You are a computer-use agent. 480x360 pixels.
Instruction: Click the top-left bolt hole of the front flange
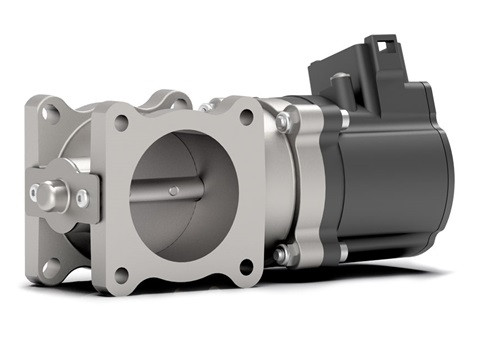click(121, 123)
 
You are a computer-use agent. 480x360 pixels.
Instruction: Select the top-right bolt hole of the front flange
click(246, 117)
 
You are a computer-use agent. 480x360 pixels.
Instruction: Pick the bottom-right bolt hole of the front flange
click(246, 267)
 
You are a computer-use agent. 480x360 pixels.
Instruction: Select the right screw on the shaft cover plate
click(82, 198)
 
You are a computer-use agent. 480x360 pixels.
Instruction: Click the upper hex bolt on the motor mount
click(283, 122)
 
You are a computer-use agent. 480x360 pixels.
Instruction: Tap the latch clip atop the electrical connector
click(382, 47)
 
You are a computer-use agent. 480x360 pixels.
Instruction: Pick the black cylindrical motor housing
click(400, 180)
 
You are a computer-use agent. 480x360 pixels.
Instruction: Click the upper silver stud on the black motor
click(344, 118)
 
